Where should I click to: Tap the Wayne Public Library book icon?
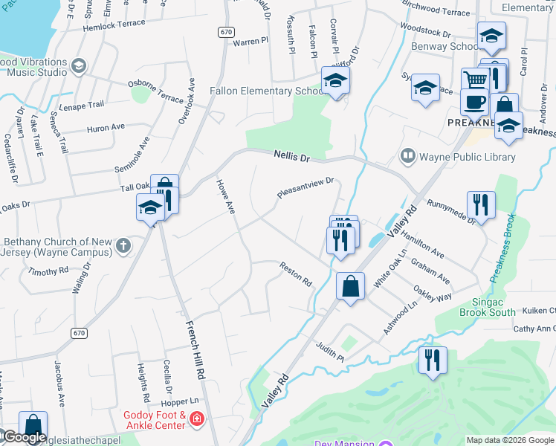(407, 156)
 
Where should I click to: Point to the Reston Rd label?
(296, 274)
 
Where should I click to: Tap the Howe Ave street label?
(225, 196)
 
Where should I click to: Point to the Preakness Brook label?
(502, 248)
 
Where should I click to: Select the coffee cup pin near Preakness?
(473, 103)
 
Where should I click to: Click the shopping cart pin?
(474, 81)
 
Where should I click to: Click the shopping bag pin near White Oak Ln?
(350, 285)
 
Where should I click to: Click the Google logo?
(24, 437)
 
